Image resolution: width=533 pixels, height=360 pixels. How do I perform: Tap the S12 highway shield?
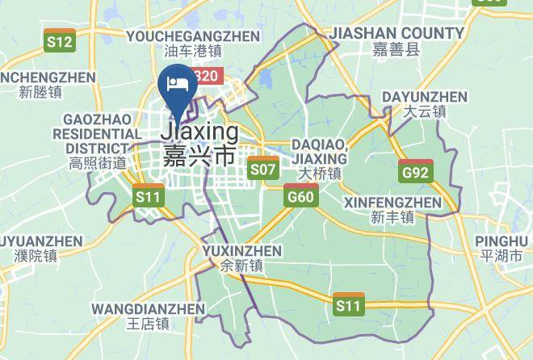(60, 42)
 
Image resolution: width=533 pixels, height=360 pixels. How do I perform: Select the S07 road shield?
(263, 170)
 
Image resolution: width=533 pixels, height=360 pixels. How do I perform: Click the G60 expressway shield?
(300, 196)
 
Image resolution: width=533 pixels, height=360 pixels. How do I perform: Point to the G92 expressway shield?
(417, 171)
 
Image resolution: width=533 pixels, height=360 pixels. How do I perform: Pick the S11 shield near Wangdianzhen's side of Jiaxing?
(148, 196)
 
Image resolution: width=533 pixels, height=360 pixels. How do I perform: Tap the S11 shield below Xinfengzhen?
(349, 305)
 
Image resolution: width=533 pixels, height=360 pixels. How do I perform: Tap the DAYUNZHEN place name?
(424, 97)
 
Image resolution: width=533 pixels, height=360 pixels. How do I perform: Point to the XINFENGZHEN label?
(392, 202)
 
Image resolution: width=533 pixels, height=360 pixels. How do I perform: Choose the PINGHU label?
(502, 241)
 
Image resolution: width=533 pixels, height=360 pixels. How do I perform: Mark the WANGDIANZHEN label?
(148, 308)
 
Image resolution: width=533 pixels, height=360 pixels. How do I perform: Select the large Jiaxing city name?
(199, 132)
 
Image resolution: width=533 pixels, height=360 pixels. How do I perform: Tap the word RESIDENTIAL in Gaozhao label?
(98, 133)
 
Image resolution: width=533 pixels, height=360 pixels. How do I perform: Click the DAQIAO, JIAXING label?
(321, 151)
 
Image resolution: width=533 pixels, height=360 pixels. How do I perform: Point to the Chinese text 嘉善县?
(397, 50)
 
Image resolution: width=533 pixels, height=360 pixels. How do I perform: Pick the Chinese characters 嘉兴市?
(199, 155)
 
